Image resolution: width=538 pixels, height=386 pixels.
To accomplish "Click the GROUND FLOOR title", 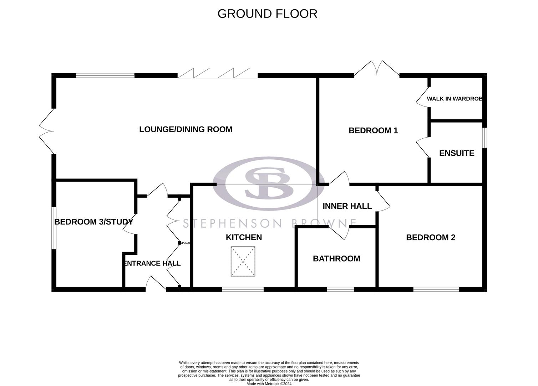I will point(267,14).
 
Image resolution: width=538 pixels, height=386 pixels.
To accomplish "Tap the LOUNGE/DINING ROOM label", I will point(186,129).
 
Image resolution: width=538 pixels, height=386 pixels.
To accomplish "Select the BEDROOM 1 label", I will point(373,130).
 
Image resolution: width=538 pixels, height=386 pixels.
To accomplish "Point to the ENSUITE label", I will point(457,153).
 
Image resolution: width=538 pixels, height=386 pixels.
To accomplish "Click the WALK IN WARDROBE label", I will point(455,99).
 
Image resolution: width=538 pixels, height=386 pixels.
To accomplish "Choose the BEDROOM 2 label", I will point(431,237).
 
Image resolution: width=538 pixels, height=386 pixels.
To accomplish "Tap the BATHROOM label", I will point(336,258).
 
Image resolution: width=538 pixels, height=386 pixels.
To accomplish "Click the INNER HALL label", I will point(347,206).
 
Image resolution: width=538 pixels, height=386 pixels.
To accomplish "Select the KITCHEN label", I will point(244,237).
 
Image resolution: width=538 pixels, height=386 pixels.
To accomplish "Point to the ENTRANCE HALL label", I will point(152,263).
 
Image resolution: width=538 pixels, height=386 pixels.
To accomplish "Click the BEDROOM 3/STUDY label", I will point(94,222).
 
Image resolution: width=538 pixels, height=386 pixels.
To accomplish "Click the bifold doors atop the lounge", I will point(217,73).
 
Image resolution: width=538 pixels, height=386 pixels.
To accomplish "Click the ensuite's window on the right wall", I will point(484,138).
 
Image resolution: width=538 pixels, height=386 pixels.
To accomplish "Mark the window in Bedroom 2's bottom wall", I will point(436,289).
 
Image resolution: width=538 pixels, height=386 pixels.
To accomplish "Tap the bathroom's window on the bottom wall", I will point(340,289).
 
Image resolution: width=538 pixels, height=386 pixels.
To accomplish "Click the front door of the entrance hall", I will point(156,284).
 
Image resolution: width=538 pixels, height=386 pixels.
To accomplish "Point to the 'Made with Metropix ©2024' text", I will point(269,383).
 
